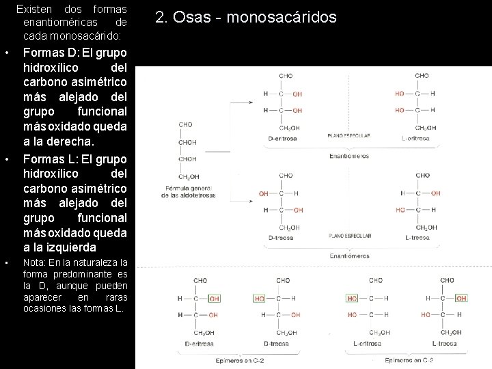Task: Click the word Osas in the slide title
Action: [184, 16]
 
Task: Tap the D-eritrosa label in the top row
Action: [283, 137]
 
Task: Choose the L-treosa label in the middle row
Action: [416, 238]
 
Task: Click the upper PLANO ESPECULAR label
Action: [349, 135]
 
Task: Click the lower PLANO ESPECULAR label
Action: [349, 236]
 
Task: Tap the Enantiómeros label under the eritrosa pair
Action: [349, 155]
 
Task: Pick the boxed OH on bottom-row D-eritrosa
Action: [214, 299]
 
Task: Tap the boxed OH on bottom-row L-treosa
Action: [461, 299]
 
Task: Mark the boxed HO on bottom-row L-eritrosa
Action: [352, 299]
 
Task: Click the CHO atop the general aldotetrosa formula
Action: [186, 124]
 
